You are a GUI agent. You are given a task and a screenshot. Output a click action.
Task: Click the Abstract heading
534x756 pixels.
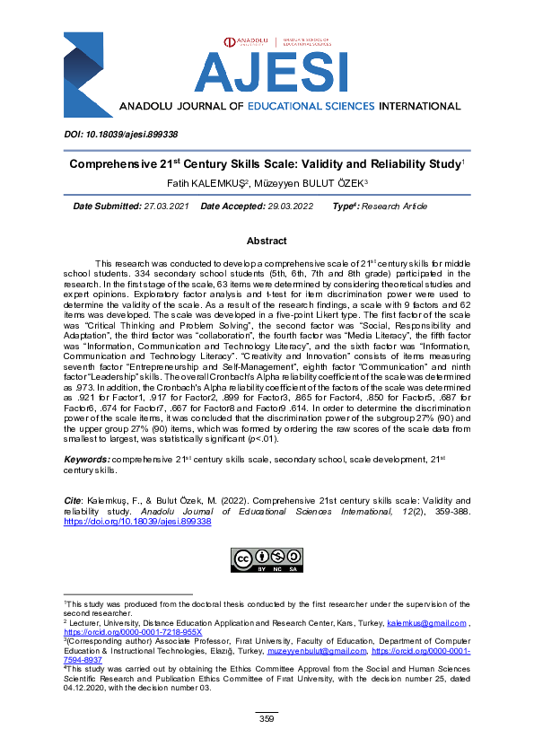[267, 242]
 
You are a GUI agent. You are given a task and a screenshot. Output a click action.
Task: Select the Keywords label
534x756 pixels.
[87, 459]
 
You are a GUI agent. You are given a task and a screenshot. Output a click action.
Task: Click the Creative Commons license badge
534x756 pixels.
[267, 559]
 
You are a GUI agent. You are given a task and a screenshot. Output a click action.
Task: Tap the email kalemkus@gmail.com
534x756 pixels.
[425, 622]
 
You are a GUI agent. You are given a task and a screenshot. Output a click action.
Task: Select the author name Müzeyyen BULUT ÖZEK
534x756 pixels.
[302, 183]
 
